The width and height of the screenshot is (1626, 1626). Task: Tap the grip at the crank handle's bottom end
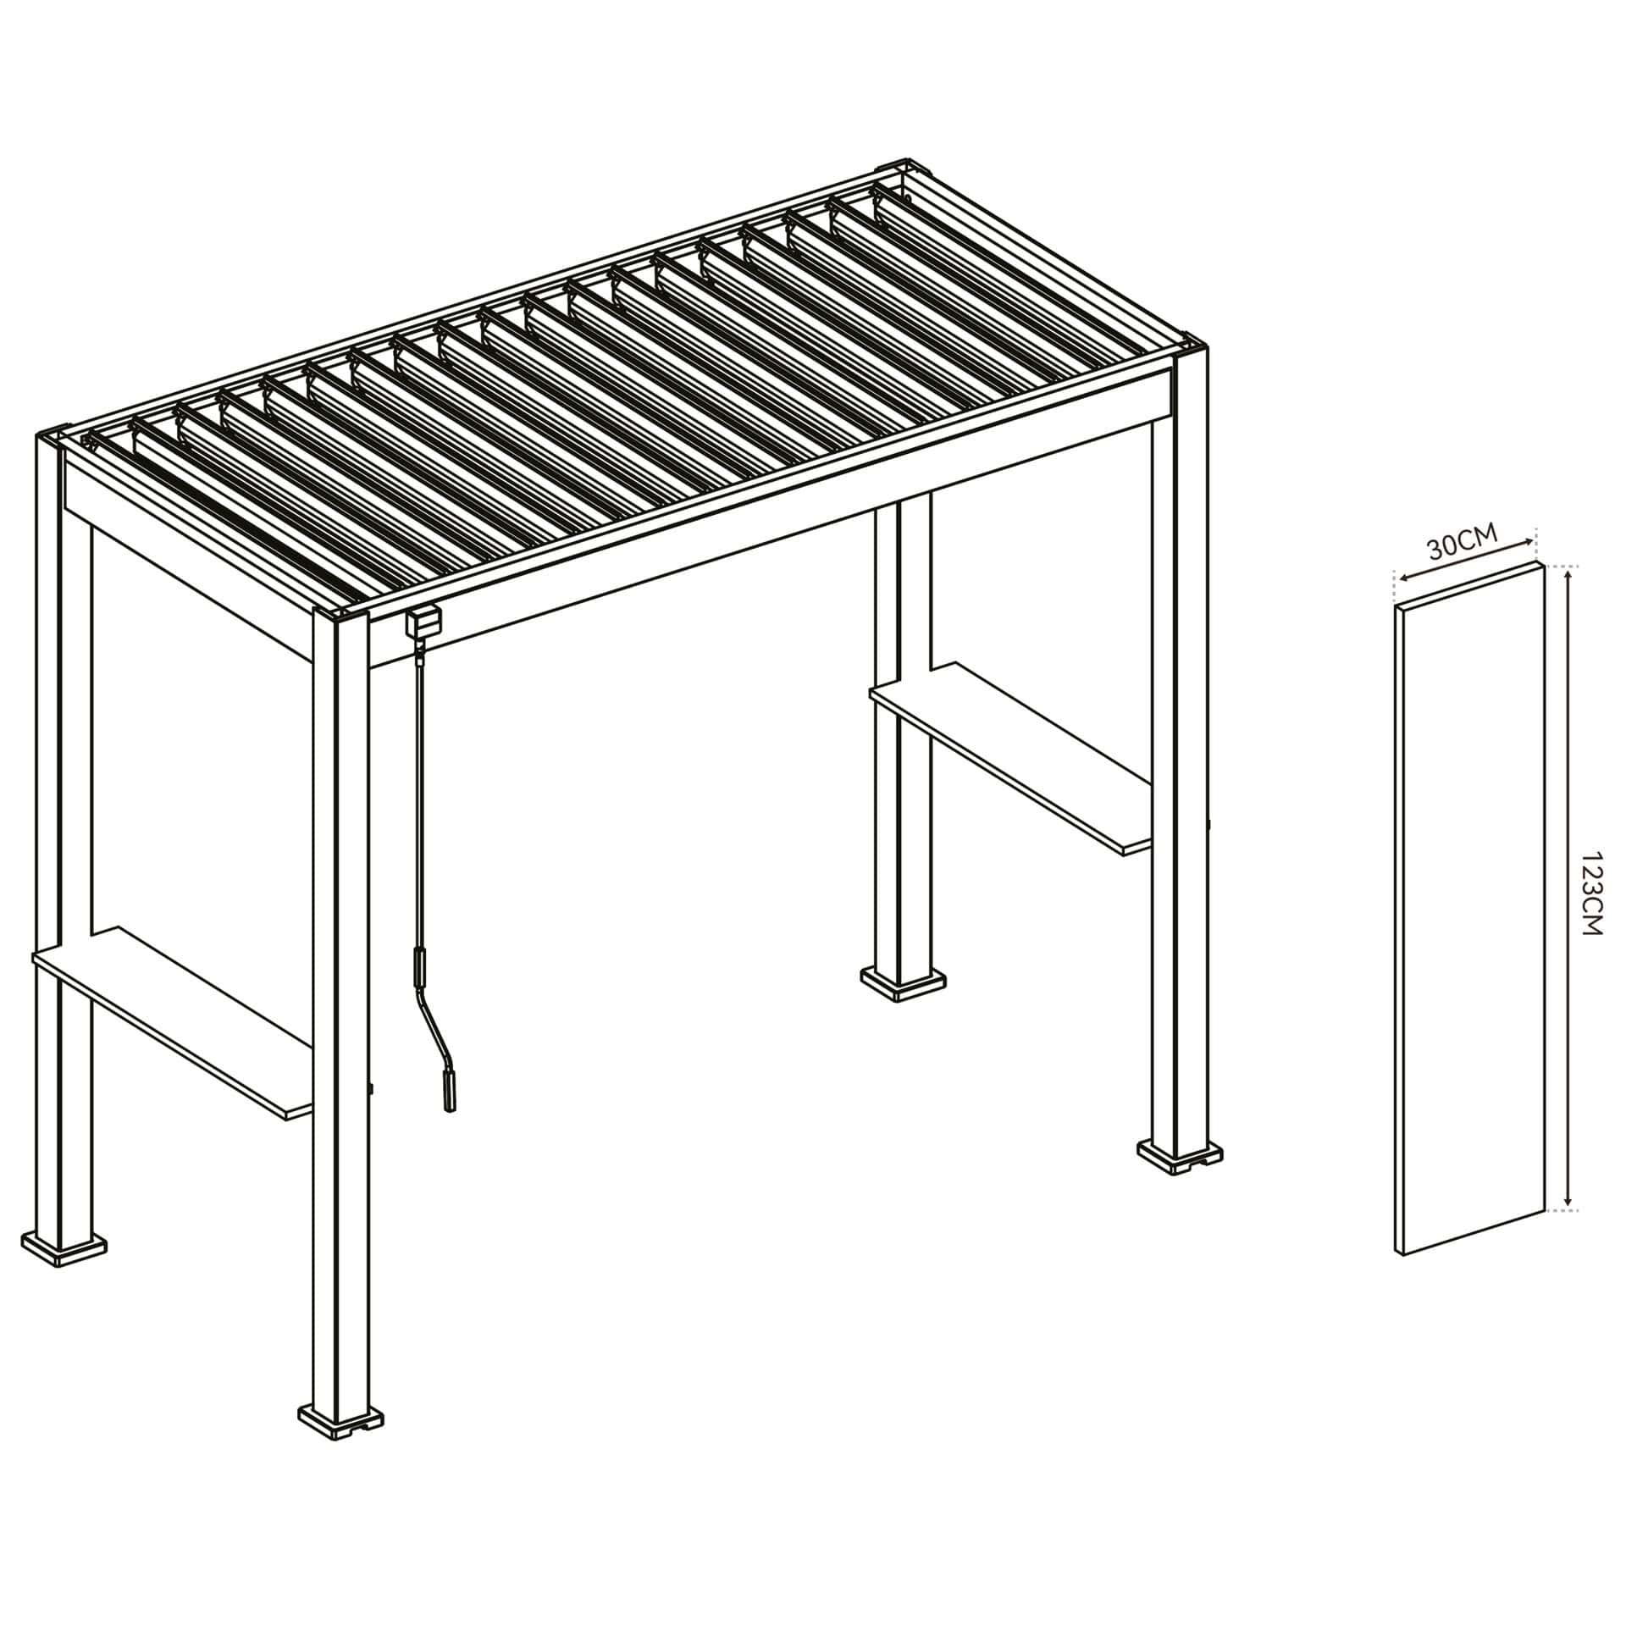click(x=446, y=1092)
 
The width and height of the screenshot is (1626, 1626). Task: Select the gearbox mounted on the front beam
click(x=423, y=623)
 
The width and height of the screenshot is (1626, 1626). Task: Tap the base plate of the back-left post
click(x=64, y=1247)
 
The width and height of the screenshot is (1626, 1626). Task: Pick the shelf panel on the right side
click(x=1011, y=759)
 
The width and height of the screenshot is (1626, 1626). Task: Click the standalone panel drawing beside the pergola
click(x=1470, y=909)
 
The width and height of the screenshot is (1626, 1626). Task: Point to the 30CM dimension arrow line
click(x=1465, y=559)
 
